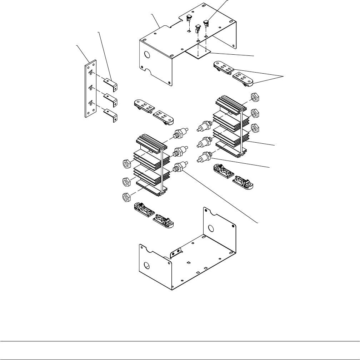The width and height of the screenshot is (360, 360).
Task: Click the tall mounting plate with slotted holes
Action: click(90, 89)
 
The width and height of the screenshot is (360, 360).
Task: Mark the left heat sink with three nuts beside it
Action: click(150, 164)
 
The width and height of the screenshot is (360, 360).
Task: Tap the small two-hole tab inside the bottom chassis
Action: click(175, 253)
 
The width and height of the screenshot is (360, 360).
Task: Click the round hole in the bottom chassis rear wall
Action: click(211, 227)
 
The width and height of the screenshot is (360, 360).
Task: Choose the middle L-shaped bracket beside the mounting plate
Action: click(111, 98)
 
